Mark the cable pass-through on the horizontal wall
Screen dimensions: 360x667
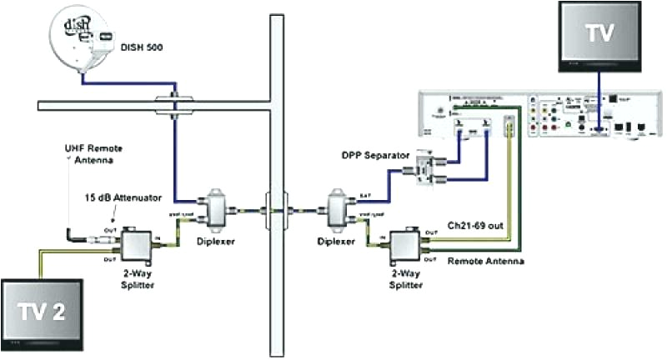tap(172, 104)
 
